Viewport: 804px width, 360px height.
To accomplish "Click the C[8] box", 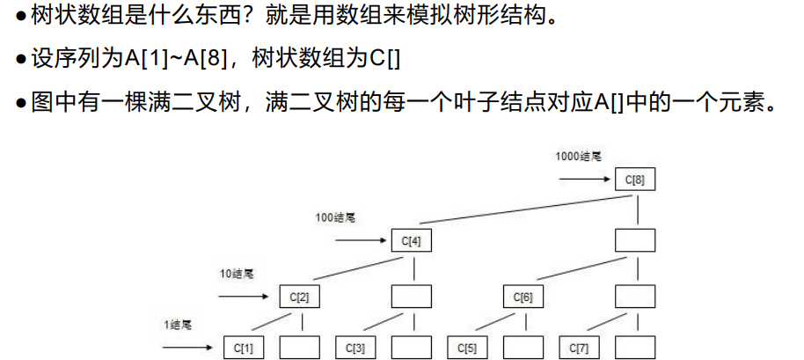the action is coord(634,180).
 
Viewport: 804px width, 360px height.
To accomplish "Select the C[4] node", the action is coord(411,239).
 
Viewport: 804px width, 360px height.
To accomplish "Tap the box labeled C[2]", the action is coord(299,297).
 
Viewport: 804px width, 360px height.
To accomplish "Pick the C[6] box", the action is coord(523,297).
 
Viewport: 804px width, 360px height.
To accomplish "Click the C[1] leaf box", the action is coord(243,348).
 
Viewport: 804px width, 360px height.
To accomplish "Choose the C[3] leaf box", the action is coord(355,348).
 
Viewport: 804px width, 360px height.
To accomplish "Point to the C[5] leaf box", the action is coord(466,348).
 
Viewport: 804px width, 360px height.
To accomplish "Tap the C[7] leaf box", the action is coord(578,348).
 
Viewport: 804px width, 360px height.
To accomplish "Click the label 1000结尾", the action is coord(578,157).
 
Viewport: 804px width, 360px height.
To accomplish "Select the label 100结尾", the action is coord(337,217).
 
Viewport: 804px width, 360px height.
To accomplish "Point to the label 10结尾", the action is coord(238,274).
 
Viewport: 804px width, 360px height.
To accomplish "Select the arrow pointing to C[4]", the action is coord(361,239).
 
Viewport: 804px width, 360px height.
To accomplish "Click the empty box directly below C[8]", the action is coord(634,239).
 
